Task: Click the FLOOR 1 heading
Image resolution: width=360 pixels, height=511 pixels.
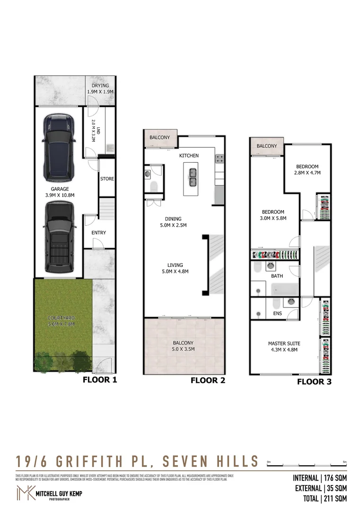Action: (x=99, y=379)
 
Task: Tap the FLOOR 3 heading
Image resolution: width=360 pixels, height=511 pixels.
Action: (x=314, y=382)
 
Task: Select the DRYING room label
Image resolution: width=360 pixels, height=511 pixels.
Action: (x=100, y=86)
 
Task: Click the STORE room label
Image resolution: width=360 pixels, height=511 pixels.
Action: (x=107, y=179)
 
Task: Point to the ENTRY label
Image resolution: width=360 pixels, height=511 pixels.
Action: (x=98, y=232)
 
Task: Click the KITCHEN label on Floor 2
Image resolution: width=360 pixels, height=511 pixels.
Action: (x=188, y=156)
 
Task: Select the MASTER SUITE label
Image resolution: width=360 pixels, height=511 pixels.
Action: (x=284, y=344)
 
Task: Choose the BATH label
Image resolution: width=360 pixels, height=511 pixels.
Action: (x=277, y=275)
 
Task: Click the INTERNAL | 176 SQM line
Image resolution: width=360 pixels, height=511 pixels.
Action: (x=320, y=478)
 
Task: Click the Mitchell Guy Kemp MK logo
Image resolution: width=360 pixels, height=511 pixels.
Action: (x=25, y=493)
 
